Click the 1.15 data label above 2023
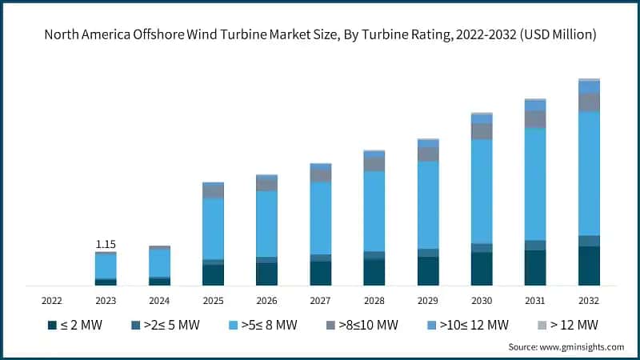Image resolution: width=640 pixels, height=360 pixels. [106, 243]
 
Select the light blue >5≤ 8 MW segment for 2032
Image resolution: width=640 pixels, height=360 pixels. [589, 173]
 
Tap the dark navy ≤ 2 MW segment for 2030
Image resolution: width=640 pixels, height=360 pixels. [482, 269]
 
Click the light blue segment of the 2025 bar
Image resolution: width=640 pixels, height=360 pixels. [213, 228]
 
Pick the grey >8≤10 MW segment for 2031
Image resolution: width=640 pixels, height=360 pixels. [535, 119]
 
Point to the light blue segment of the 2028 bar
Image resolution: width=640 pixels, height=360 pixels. [374, 210]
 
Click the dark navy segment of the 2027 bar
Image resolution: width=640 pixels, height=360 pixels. [320, 273]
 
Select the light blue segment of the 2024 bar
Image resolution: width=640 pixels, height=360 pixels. [159, 262]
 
